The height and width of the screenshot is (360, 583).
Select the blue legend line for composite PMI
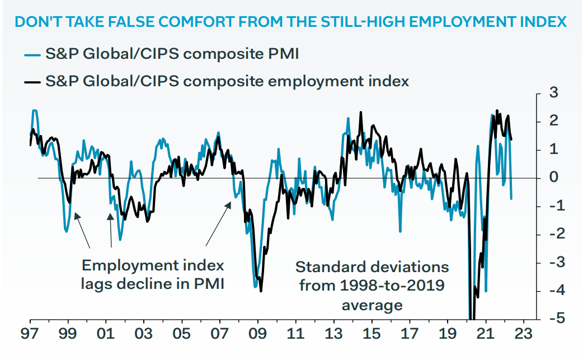pyautogui.click(x=32, y=55)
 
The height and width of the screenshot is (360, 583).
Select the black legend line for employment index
pyautogui.click(x=32, y=82)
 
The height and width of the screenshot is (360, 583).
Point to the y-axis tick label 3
pyautogui.click(x=554, y=93)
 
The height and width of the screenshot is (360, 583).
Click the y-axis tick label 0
pyautogui.click(x=554, y=178)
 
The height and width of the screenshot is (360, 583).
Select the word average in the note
pyautogui.click(x=372, y=305)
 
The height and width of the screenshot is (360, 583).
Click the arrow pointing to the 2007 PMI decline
pyautogui.click(x=219, y=224)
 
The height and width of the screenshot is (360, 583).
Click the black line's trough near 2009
pyautogui.click(x=261, y=291)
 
